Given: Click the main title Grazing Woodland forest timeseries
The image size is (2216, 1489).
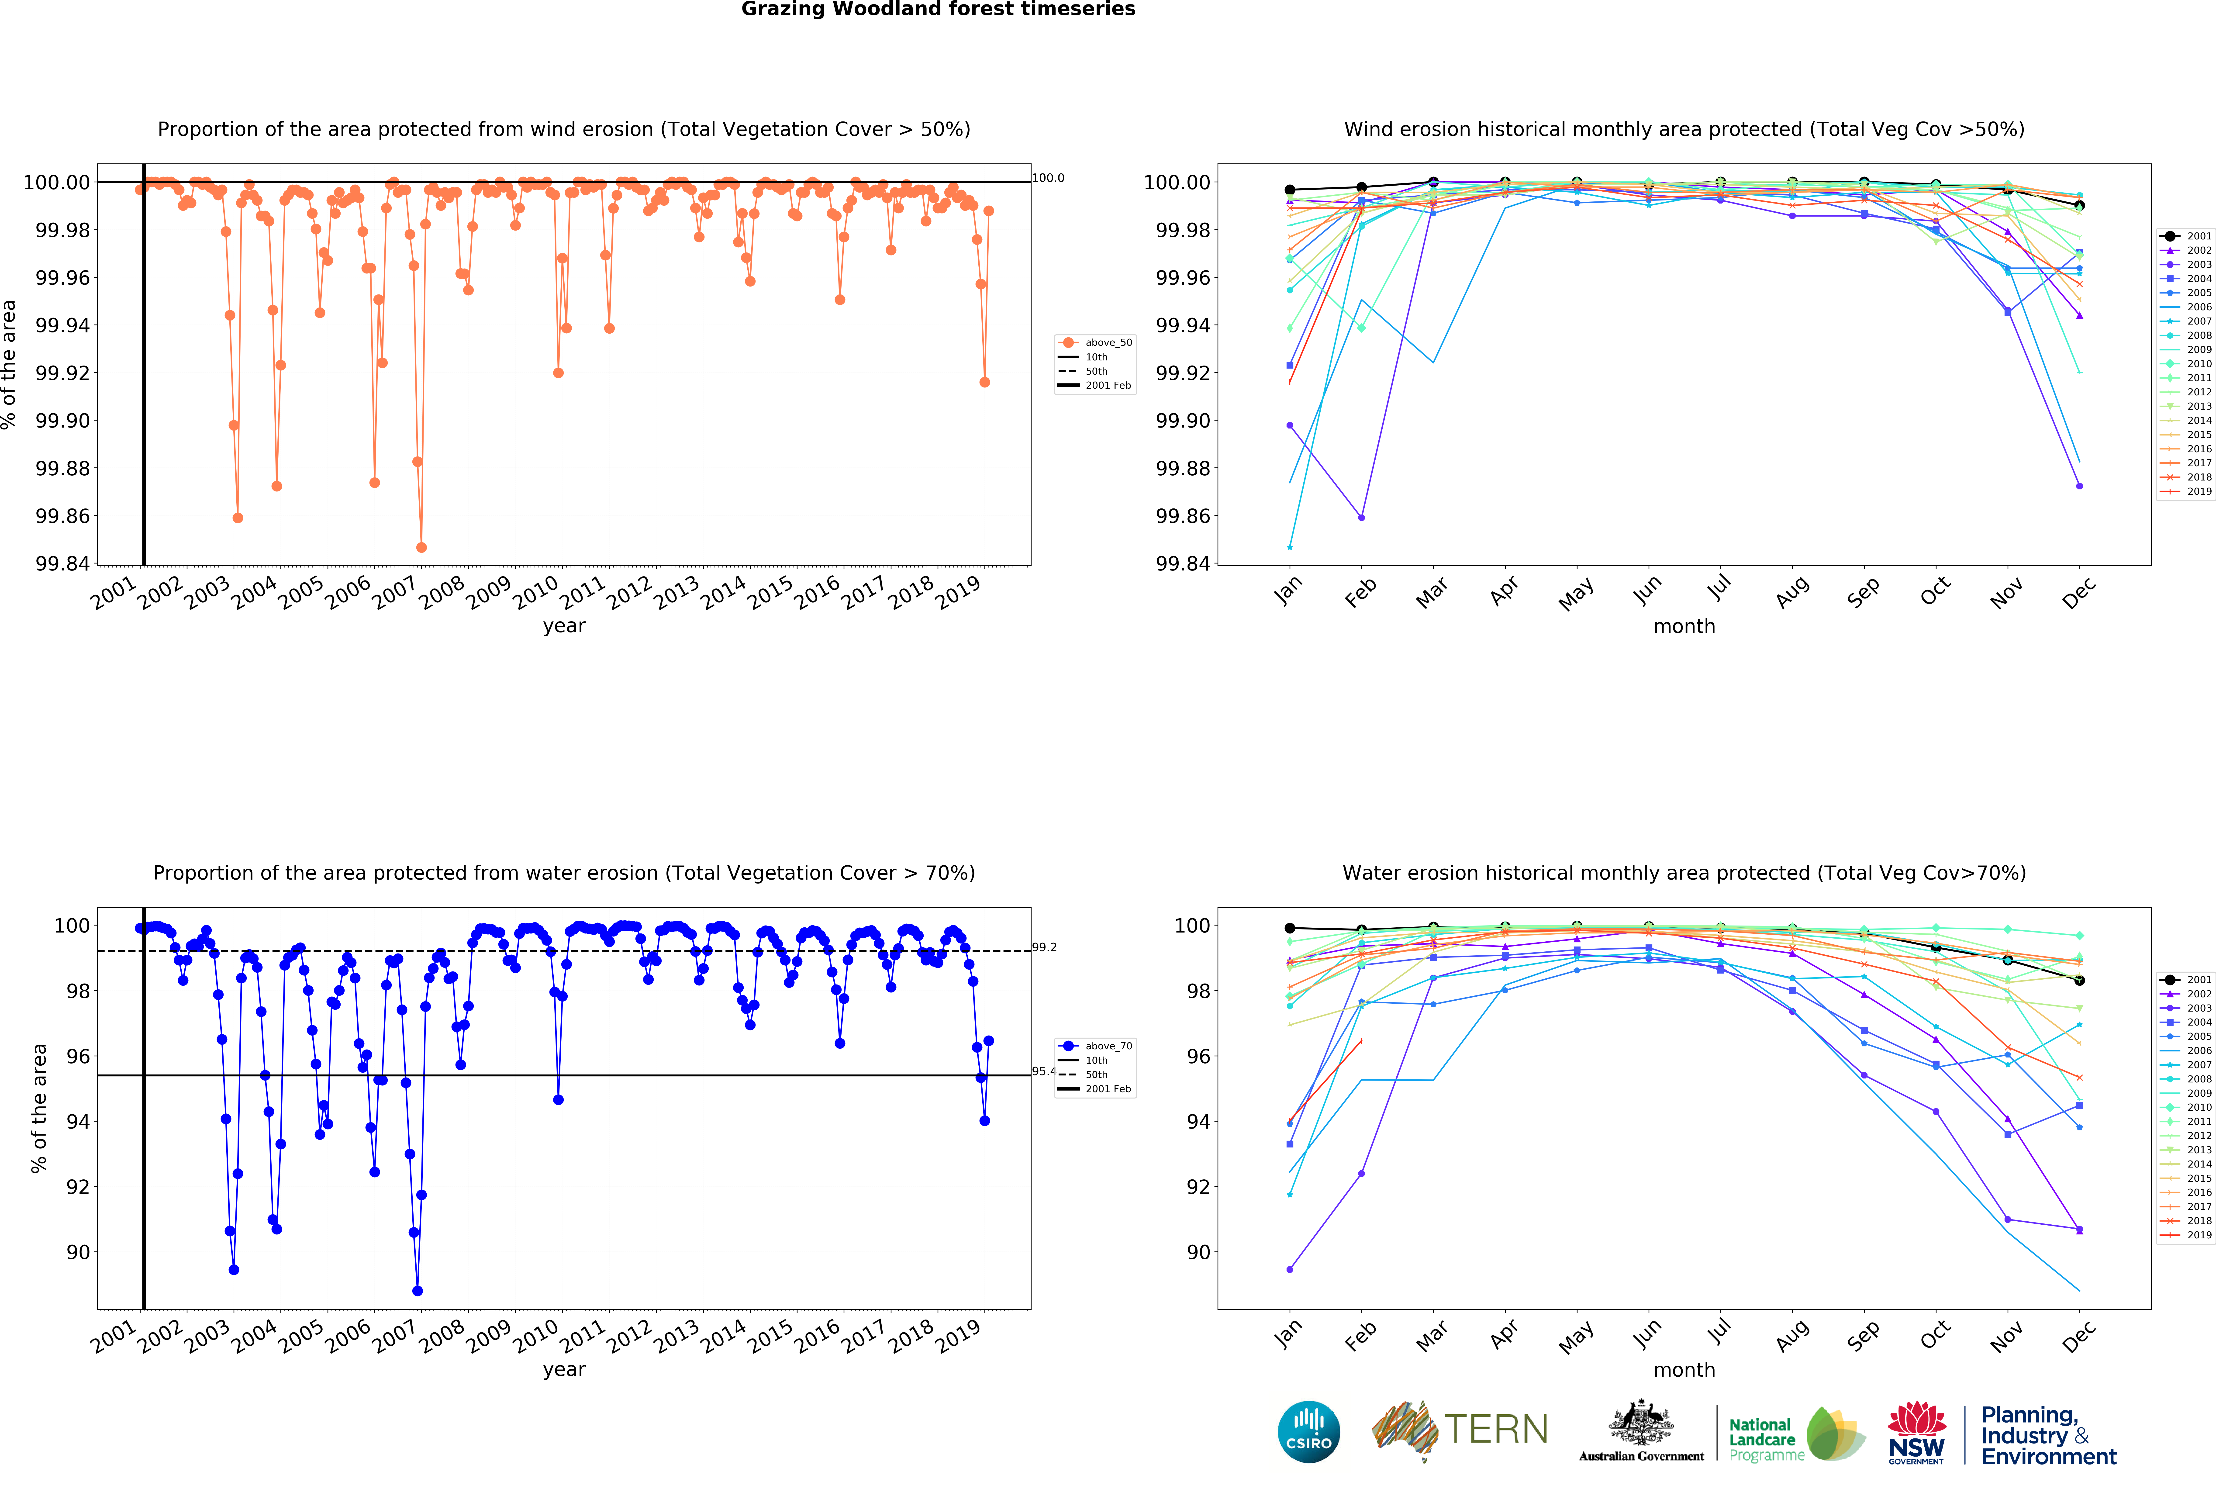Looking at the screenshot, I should pyautogui.click(x=938, y=10).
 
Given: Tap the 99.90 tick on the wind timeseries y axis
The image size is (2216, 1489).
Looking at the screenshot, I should pyautogui.click(x=63, y=421).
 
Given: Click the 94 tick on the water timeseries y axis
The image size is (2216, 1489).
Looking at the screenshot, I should pyautogui.click(x=78, y=1122).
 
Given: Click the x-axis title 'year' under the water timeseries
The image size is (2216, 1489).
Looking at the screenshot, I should pyautogui.click(x=564, y=1369).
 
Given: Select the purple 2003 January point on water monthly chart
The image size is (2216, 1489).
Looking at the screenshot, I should pyautogui.click(x=1289, y=1270).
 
